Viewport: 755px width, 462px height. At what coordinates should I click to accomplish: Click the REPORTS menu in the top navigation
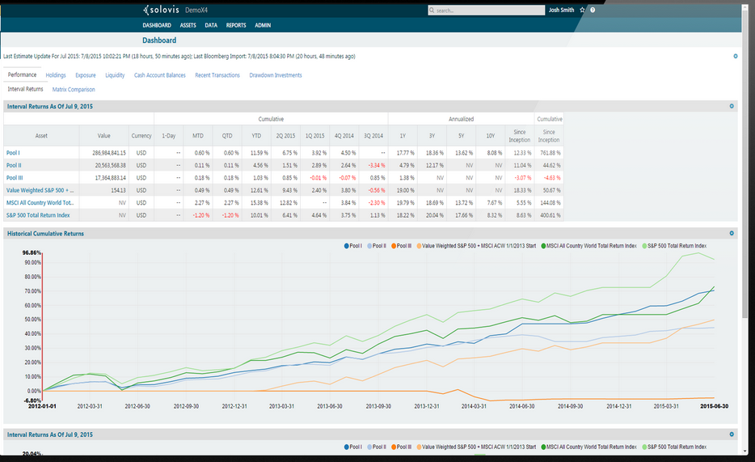[x=236, y=25]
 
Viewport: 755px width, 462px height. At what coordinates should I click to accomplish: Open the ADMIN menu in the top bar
[x=263, y=25]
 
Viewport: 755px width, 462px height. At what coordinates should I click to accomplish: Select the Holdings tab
[x=56, y=75]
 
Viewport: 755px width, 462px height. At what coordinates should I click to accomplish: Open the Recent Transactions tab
[x=217, y=75]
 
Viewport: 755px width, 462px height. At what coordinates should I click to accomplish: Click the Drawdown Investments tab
[x=276, y=75]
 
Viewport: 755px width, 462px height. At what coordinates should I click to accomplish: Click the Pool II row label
[x=13, y=164]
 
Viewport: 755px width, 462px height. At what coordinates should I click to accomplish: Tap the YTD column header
[x=256, y=136]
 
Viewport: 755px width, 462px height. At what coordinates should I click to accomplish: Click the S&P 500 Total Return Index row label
[x=38, y=214]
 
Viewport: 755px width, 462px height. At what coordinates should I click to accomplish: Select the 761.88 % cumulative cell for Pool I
[x=550, y=152]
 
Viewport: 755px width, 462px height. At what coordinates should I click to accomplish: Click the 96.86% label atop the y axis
[x=32, y=252]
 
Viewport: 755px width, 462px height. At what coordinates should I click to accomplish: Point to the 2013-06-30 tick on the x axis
[x=330, y=406]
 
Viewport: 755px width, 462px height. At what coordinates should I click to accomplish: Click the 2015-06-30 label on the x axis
[x=714, y=406]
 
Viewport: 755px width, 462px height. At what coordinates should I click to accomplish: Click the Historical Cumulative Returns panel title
[x=45, y=233]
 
